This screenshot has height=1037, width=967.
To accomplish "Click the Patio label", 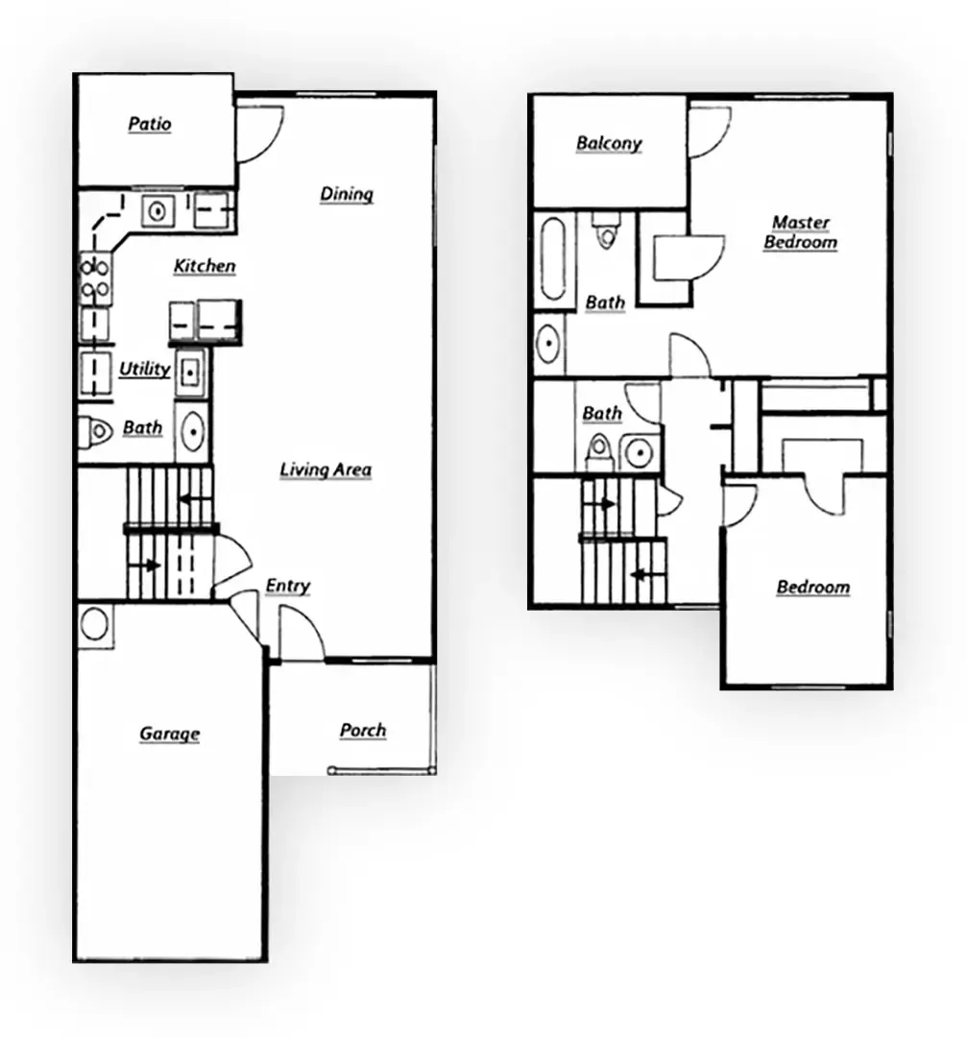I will click(x=150, y=124).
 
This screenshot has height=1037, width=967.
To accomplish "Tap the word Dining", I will click(x=347, y=194).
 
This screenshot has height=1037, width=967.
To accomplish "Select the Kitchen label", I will click(x=205, y=266).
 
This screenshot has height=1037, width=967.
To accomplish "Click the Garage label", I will click(x=170, y=734).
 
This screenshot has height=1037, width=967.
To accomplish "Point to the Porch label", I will click(x=363, y=731).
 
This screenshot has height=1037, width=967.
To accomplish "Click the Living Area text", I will click(x=326, y=470).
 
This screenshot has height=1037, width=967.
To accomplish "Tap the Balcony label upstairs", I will click(x=609, y=144).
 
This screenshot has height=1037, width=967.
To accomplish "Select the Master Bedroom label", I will click(x=801, y=232).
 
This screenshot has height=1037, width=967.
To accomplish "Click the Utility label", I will click(x=145, y=369).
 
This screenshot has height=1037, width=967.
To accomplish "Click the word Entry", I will click(x=288, y=586).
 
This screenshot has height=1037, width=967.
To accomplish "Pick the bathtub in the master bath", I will click(x=554, y=260).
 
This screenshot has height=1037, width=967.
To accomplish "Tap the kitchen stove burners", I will click(x=94, y=278).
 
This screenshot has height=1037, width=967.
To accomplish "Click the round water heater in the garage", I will click(x=95, y=624).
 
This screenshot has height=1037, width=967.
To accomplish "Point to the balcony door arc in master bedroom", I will click(x=709, y=133).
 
